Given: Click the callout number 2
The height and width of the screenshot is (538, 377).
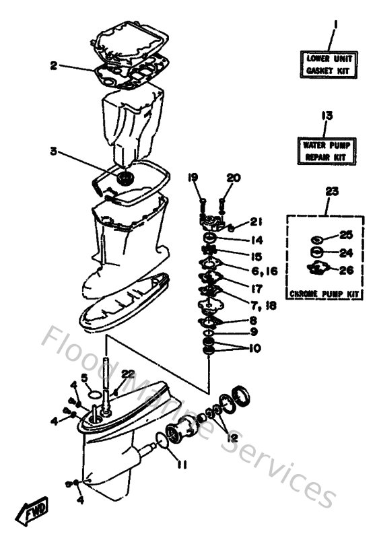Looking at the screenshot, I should point(53,65).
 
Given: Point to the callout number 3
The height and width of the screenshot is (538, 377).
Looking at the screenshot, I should point(53,151).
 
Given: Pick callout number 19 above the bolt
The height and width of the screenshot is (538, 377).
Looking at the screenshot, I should point(193,178).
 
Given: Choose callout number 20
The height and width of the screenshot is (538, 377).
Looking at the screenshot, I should point(233,178).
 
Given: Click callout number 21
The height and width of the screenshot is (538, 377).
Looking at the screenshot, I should point(257,222).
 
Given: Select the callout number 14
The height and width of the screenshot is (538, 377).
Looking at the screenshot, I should point(257,240).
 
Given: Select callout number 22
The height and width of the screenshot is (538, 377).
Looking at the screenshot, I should point(129,374).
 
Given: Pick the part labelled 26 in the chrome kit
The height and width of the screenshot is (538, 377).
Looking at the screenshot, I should point(316,271).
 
